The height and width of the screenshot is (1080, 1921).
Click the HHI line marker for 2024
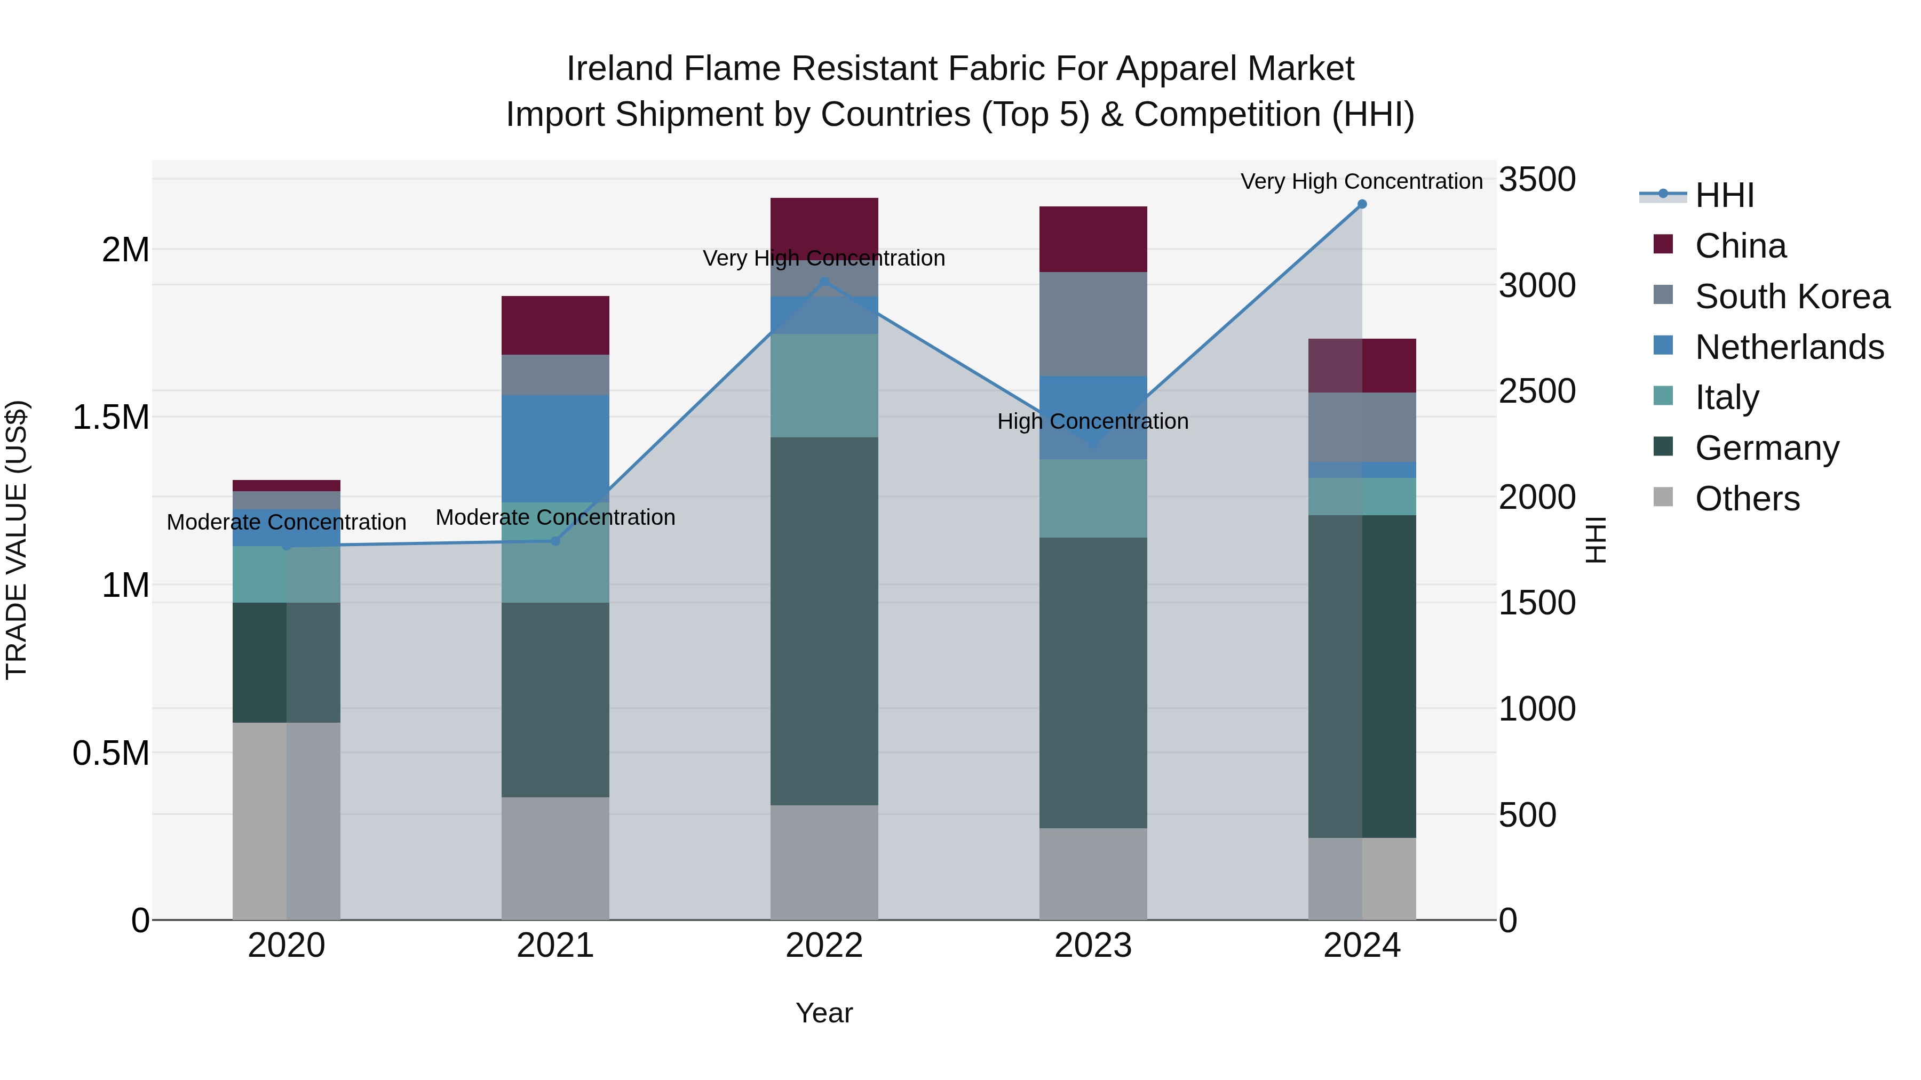coord(1362,204)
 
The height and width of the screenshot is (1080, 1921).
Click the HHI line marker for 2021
coord(555,541)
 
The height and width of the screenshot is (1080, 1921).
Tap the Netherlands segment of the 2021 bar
coord(555,449)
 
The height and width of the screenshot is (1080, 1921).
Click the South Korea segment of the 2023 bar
coord(1093,324)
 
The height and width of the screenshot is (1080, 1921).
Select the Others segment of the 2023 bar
coord(1093,874)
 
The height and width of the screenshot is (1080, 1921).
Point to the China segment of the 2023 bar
coord(1093,239)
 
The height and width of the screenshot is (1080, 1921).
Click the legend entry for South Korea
coord(1792,297)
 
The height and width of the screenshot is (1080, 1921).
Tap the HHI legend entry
coord(1724,195)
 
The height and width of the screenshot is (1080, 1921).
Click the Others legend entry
coord(1747,499)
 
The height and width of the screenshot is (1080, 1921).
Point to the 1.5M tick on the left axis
coord(111,418)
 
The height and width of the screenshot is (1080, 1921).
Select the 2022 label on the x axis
coord(824,946)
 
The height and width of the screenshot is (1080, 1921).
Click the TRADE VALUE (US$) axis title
coord(17,540)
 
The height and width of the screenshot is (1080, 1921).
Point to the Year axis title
coord(824,1013)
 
